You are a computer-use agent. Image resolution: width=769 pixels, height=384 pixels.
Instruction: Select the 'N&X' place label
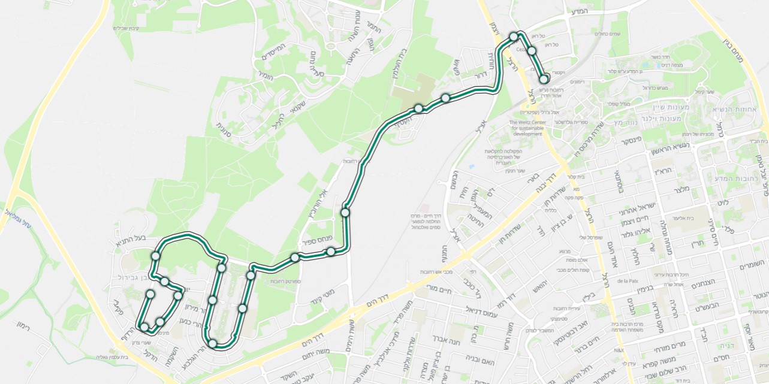click(619, 350)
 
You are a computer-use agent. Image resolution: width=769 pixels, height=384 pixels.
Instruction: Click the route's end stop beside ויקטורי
click(543, 78)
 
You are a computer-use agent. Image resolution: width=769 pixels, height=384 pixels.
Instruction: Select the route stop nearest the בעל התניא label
click(156, 256)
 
